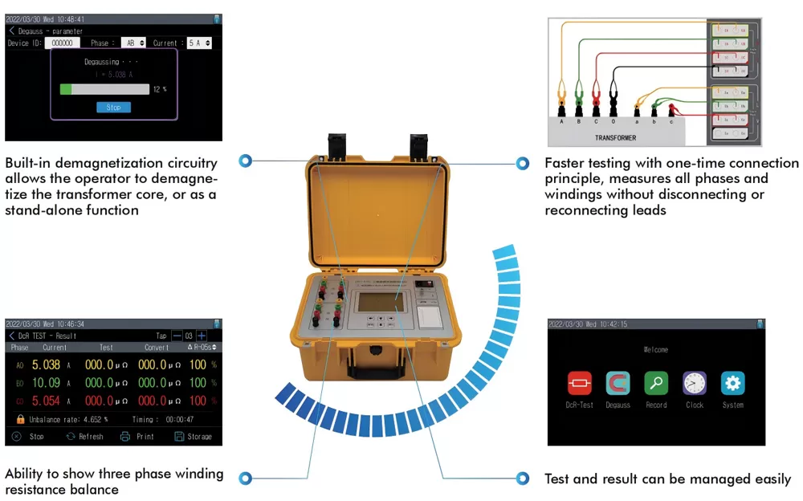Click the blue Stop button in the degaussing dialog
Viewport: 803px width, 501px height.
(x=113, y=108)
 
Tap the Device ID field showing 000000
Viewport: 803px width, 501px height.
(x=62, y=43)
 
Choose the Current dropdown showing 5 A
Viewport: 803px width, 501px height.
(x=199, y=43)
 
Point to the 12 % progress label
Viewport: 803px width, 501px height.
(x=159, y=89)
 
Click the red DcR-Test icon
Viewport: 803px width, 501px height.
(x=579, y=383)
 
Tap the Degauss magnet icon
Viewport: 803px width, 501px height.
(x=618, y=383)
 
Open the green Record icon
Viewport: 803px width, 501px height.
(x=656, y=383)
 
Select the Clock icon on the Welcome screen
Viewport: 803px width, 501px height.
(x=695, y=383)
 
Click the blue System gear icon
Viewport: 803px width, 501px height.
(x=732, y=383)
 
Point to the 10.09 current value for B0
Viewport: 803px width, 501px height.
(x=46, y=383)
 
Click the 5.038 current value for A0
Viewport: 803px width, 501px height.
(x=46, y=365)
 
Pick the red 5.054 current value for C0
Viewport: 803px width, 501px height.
(x=46, y=401)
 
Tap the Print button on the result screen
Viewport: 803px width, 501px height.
(x=137, y=437)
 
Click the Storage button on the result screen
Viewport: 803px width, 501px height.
(x=193, y=437)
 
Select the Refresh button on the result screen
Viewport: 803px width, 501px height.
(x=84, y=437)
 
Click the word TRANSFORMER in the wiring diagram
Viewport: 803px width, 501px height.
(x=615, y=138)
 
